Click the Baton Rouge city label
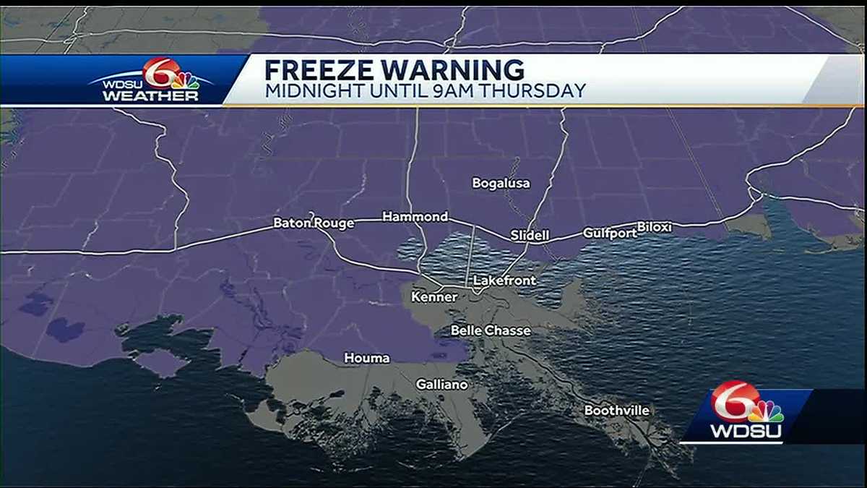point(314,223)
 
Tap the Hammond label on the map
point(415,217)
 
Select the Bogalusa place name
point(501,184)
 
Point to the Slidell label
point(530,236)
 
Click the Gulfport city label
point(610,233)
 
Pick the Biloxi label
point(654,227)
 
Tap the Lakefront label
point(504,281)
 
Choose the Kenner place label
point(433,297)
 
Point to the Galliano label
point(441,385)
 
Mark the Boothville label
point(616,411)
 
